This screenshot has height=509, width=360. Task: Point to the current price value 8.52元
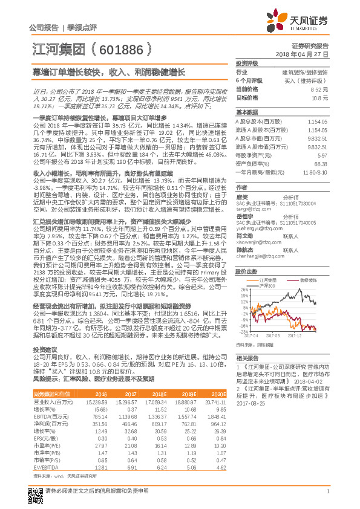pos(319,89)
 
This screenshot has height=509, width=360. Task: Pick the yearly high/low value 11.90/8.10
pos(316,172)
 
